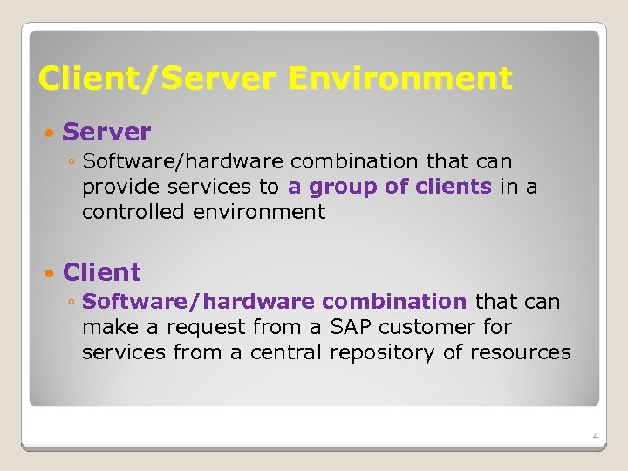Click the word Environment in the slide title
click(399, 78)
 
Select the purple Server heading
click(106, 133)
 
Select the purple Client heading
click(101, 272)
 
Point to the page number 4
click(594, 436)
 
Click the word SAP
click(349, 327)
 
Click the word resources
click(522, 352)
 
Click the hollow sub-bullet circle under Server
click(72, 162)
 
